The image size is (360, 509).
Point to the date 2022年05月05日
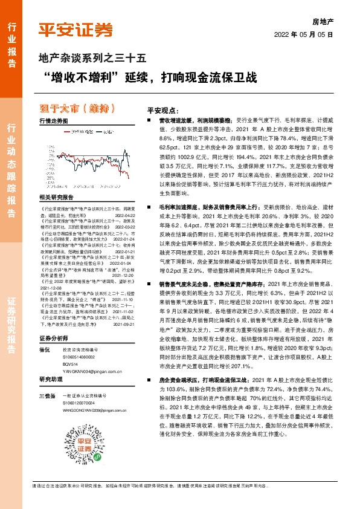pos(304,35)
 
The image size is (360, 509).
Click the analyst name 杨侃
pos(43,333)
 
